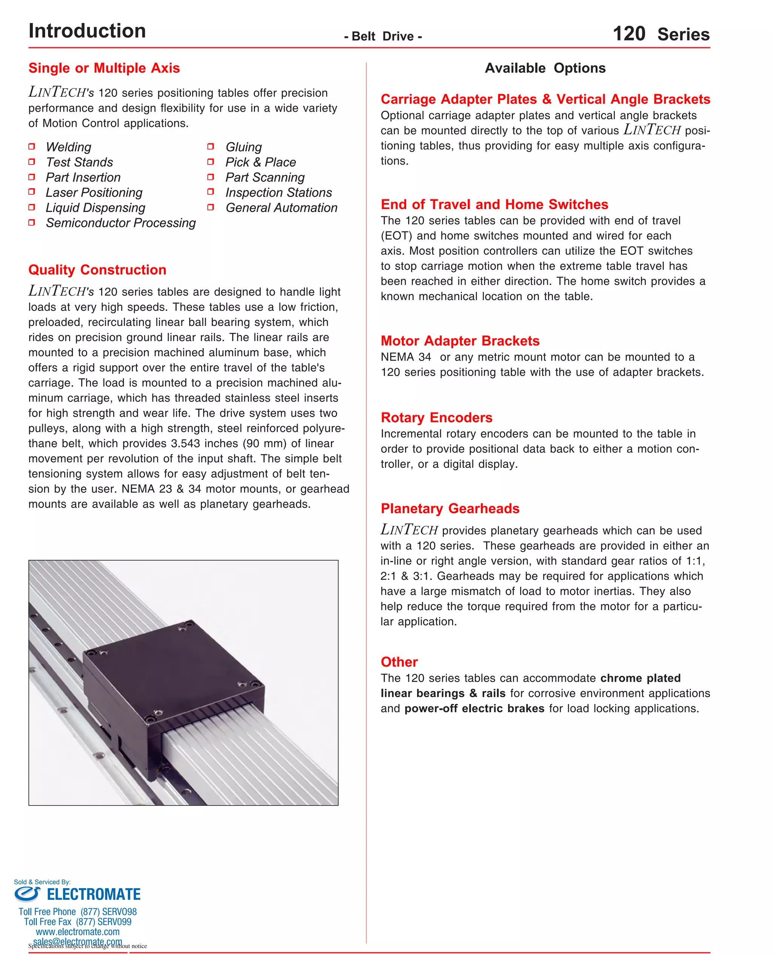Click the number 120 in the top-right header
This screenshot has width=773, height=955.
click(629, 34)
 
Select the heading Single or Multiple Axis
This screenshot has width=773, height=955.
click(104, 68)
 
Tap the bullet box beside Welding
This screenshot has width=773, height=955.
click(32, 146)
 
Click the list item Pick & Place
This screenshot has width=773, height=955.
click(260, 162)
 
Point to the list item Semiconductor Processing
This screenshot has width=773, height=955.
click(121, 223)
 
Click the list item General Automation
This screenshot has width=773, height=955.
click(282, 208)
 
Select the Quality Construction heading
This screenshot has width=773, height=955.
click(97, 270)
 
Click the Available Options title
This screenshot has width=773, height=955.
click(545, 68)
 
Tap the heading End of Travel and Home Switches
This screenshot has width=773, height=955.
click(494, 204)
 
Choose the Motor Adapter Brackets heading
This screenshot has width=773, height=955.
click(460, 340)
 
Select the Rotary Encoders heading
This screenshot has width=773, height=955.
click(436, 417)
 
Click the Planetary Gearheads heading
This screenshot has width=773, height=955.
click(450, 508)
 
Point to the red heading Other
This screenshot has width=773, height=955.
click(399, 662)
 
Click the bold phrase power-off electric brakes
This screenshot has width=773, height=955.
click(474, 709)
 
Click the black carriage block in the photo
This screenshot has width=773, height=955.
click(174, 681)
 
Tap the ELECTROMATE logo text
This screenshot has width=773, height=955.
click(94, 894)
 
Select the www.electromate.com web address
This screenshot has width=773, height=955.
click(78, 932)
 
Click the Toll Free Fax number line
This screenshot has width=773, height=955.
click(78, 922)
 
